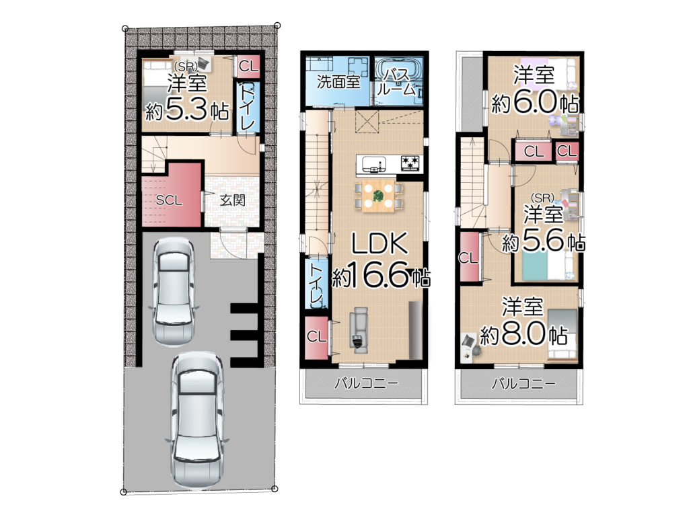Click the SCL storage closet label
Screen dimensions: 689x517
coord(169,200)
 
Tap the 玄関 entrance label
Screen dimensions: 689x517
coord(232,200)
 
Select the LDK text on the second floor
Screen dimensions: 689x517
coord(379,244)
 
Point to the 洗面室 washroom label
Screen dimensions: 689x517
coord(338,81)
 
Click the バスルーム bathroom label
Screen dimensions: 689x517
coord(397,81)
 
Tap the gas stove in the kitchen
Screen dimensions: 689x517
coord(410,163)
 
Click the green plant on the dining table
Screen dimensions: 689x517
coord(378,195)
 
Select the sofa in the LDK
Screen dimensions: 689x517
coord(359,329)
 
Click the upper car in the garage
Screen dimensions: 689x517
coord(173,291)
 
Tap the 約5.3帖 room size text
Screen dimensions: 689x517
coord(187,111)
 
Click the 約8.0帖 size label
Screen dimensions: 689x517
coord(523,335)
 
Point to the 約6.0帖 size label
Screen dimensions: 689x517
coord(534,103)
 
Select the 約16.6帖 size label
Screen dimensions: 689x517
coord(381,276)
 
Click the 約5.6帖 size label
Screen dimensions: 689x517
coord(544,241)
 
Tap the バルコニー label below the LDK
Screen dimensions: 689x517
coord(367,384)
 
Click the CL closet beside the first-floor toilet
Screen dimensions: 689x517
coord(248,67)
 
